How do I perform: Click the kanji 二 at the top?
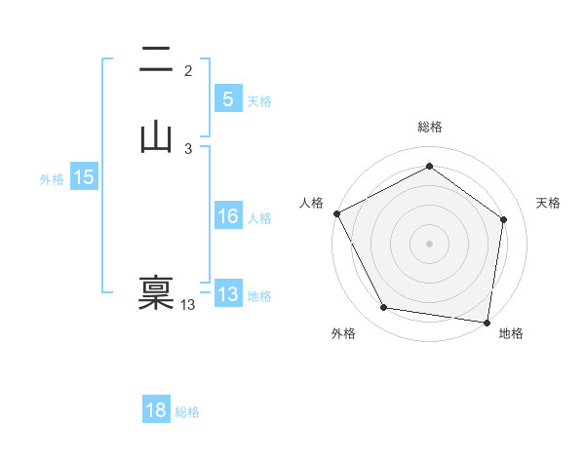156,58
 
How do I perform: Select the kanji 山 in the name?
156,136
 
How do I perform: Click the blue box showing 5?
227,98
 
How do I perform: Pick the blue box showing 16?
227,216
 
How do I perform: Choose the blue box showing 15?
83,177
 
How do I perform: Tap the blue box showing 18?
156,410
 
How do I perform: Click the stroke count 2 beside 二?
188,71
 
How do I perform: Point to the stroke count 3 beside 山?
188,149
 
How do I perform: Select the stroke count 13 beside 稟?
188,305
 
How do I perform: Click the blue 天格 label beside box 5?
259,101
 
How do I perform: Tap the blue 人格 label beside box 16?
259,219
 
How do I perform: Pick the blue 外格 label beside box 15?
52,180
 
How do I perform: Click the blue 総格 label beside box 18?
187,413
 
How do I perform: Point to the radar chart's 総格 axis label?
429,127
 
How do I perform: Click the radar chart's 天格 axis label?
549,203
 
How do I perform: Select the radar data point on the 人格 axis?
336,212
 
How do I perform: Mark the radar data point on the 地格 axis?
487,322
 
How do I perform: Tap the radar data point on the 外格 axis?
384,308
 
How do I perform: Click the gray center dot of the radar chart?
429,243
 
